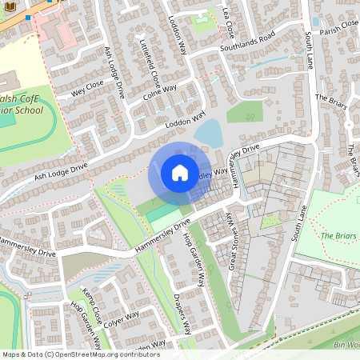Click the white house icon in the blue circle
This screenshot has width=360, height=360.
click(x=180, y=173)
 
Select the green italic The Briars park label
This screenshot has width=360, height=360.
click(x=336, y=236)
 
